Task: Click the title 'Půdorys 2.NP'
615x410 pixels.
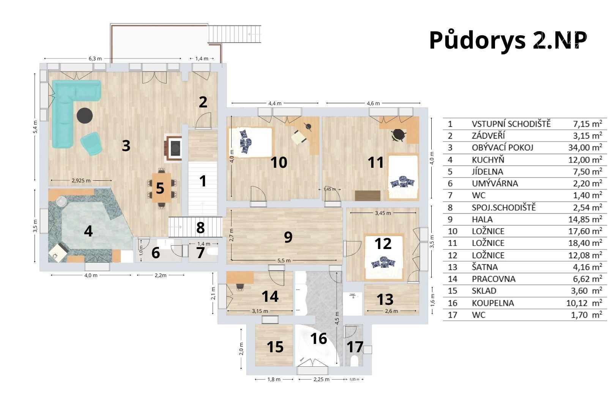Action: click(x=508, y=41)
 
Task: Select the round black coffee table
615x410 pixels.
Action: click(x=85, y=116)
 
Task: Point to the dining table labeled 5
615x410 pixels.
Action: click(x=161, y=188)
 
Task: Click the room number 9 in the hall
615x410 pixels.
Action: click(x=288, y=237)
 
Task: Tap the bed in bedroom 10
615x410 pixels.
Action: click(x=251, y=142)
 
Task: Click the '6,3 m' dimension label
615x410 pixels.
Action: click(x=95, y=58)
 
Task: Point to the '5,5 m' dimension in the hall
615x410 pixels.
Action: click(x=284, y=260)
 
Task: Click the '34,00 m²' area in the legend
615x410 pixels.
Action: click(x=585, y=147)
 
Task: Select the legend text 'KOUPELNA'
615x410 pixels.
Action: click(x=493, y=303)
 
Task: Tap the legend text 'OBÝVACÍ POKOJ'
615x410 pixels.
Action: click(x=502, y=147)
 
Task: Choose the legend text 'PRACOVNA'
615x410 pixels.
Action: click(x=494, y=279)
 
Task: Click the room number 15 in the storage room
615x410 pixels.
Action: click(x=275, y=347)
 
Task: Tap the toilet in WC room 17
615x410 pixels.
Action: click(x=355, y=361)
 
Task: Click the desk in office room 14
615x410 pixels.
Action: click(x=240, y=278)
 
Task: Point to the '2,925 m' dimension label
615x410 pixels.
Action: click(x=81, y=181)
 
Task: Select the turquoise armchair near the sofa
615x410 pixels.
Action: click(x=91, y=143)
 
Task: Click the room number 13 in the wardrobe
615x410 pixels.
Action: click(x=385, y=299)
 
